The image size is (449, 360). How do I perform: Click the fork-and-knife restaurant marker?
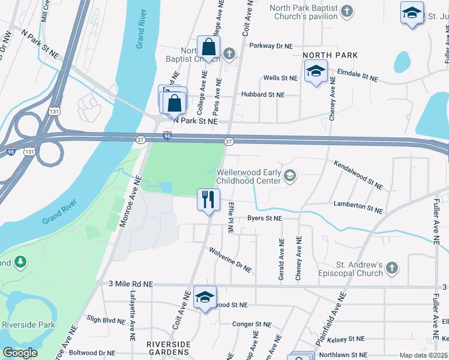[x=208, y=199]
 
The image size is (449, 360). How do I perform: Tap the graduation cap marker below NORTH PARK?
[x=315, y=73]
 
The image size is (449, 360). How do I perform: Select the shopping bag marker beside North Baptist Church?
[x=208, y=47]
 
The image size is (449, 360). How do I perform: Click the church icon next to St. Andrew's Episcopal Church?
[x=391, y=268]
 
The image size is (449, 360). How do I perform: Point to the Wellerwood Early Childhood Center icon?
[x=290, y=175]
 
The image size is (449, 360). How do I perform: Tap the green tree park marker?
[x=20, y=262]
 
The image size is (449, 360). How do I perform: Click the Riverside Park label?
[x=28, y=325]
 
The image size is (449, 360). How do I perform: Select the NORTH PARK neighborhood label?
[x=330, y=55]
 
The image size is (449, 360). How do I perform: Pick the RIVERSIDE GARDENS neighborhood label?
[x=169, y=349]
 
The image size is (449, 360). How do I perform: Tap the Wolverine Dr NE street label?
[x=230, y=259]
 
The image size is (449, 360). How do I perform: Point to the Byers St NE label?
[x=264, y=219]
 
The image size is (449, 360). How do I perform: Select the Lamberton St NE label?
[x=358, y=207]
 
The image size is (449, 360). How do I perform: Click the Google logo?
[x=20, y=353]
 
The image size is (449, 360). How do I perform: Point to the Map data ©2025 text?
[x=424, y=355]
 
